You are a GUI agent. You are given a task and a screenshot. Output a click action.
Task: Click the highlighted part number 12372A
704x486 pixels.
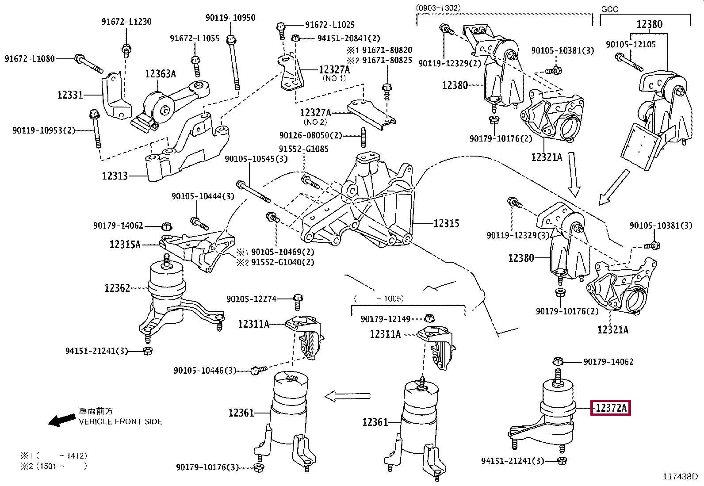(611, 408)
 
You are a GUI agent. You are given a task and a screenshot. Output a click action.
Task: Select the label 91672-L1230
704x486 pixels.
(126, 22)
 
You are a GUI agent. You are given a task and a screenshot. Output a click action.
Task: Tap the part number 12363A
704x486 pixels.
(160, 74)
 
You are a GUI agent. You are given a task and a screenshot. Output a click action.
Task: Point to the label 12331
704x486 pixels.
(70, 95)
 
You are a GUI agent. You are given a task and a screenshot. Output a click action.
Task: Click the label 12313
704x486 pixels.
(115, 176)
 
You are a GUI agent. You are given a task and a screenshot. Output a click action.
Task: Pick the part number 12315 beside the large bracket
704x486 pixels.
(446, 223)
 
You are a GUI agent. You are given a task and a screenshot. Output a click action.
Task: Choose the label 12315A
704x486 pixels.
(125, 244)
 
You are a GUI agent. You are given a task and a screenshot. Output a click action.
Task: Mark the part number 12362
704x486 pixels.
(117, 288)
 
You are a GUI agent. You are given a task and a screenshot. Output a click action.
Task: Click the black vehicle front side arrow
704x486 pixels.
(62, 420)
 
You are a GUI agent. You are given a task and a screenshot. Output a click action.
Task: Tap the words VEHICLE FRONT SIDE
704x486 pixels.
(120, 421)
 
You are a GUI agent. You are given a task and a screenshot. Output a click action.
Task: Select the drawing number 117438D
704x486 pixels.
(680, 477)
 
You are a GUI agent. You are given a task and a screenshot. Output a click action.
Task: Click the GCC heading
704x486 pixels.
(610, 9)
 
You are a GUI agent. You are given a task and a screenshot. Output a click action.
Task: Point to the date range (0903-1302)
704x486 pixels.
(438, 8)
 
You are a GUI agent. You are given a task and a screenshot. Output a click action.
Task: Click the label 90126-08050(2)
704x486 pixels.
(310, 135)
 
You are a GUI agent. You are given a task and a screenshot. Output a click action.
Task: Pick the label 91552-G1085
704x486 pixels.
(304, 149)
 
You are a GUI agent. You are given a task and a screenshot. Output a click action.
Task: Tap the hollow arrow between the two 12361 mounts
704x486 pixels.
(348, 396)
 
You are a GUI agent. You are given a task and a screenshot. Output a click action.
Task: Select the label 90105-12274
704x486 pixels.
(252, 299)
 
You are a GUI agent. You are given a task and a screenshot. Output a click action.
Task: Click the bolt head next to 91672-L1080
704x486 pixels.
(79, 58)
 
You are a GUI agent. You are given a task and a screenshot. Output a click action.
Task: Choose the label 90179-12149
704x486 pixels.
(386, 319)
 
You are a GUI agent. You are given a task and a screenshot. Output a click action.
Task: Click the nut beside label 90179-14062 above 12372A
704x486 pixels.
(558, 361)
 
